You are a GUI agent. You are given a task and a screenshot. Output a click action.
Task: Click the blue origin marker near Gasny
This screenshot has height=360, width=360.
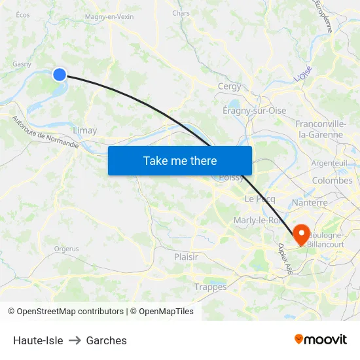click(60, 75)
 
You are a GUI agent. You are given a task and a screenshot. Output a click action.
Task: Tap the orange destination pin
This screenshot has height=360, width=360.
click(302, 233)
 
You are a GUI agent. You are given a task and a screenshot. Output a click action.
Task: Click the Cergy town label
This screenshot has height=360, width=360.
click(229, 86)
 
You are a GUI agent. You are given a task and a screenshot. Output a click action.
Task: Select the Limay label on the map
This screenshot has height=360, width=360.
click(85, 130)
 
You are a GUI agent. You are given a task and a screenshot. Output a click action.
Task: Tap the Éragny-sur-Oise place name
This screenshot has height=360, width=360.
click(255, 111)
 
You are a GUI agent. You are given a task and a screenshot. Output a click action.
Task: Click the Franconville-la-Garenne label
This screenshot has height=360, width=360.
click(320, 129)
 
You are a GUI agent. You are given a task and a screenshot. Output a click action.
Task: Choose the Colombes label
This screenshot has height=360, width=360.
click(332, 180)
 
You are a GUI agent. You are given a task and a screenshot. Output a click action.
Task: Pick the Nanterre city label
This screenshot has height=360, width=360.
click(310, 203)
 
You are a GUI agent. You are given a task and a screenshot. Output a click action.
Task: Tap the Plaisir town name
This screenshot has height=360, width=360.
click(186, 257)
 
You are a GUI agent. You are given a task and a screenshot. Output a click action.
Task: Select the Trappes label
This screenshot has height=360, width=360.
click(210, 287)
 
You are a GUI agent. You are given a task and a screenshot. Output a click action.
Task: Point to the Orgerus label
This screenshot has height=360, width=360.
click(66, 249)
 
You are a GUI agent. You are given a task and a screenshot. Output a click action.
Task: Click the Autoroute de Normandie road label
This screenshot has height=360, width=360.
click(45, 133)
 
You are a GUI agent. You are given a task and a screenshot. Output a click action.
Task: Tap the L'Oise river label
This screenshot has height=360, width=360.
click(303, 74)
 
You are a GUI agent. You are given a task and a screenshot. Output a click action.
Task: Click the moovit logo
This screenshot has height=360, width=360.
click(320, 339)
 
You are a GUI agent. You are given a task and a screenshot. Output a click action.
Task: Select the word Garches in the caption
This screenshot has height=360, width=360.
click(106, 340)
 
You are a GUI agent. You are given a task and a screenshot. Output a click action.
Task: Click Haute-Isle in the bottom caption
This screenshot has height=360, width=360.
click(38, 340)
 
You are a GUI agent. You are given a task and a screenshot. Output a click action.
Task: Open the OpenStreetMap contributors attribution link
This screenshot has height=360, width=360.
click(70, 312)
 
